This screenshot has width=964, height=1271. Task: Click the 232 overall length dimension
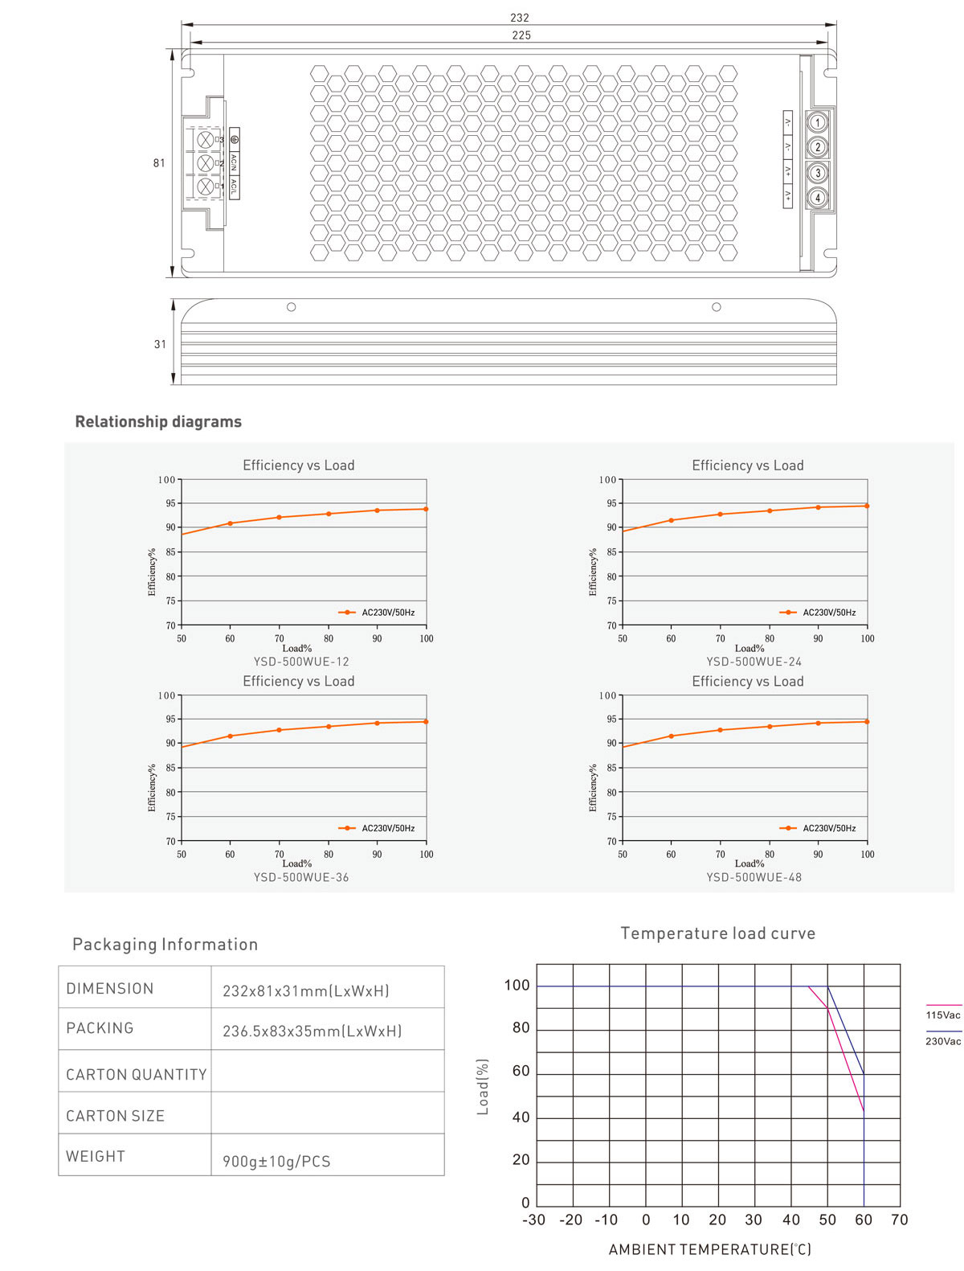(x=520, y=17)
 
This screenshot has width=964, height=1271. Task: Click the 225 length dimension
(x=521, y=35)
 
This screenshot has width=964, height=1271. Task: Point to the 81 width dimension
(x=159, y=162)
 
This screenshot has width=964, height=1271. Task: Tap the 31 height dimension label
(x=160, y=344)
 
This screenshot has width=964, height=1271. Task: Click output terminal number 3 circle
(x=818, y=172)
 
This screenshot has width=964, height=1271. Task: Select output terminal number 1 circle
(x=818, y=122)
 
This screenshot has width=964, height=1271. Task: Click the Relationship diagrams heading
(x=158, y=421)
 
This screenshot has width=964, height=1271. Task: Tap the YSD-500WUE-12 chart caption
(x=301, y=662)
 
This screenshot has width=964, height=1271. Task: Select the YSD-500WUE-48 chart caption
(x=754, y=877)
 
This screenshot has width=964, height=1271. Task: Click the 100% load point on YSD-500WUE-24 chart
(x=867, y=506)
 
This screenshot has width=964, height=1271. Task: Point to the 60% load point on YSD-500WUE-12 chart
(x=230, y=523)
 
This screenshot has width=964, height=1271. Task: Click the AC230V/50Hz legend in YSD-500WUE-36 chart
(x=387, y=828)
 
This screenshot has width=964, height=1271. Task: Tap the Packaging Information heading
(x=165, y=944)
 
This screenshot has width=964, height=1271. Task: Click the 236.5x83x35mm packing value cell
(x=312, y=1031)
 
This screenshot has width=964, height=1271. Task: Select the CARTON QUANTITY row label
(x=136, y=1074)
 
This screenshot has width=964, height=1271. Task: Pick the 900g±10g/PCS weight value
(x=276, y=1161)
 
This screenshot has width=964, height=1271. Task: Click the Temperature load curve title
(x=717, y=933)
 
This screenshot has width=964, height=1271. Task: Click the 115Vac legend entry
(x=942, y=1015)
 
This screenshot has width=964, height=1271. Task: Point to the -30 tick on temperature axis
(x=534, y=1220)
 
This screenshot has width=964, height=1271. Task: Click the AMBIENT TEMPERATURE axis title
(x=709, y=1249)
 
